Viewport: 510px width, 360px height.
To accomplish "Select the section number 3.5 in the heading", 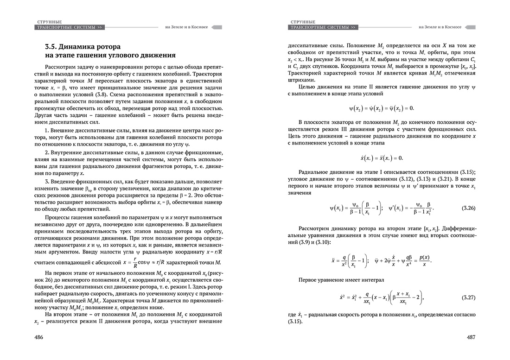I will (x=53, y=47).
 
